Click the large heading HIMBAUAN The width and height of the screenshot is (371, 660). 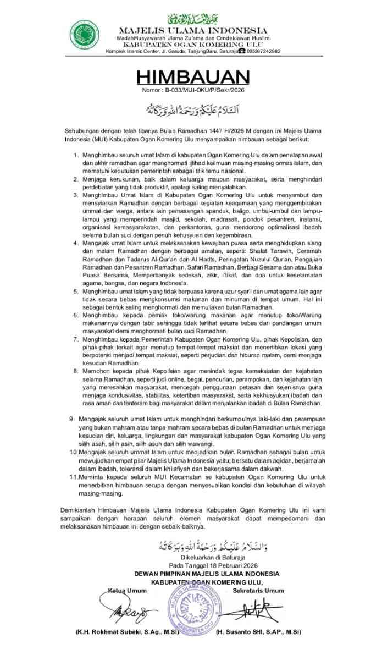[185, 76]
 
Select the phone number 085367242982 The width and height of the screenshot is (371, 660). [264, 51]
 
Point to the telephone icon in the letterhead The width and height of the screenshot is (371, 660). [242, 51]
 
